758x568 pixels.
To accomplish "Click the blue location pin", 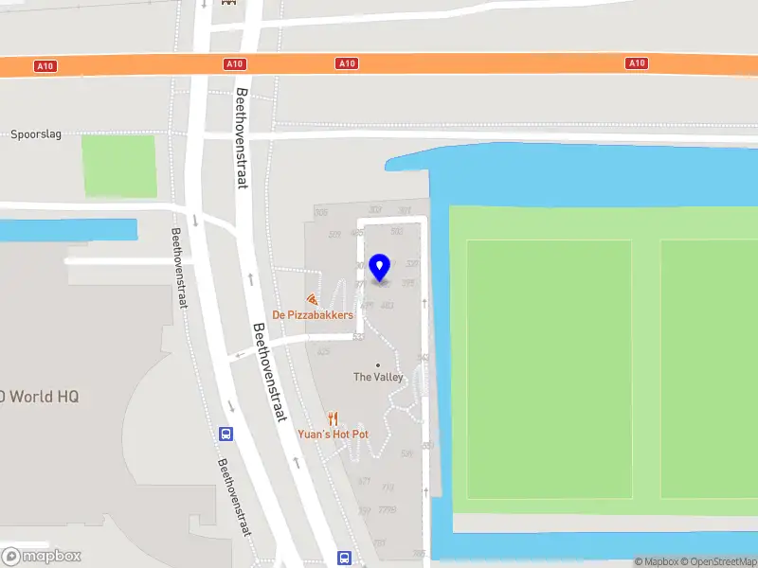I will [x=380, y=268].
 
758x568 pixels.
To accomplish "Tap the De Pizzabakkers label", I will [x=313, y=315].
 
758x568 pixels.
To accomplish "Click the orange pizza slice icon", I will [x=312, y=299].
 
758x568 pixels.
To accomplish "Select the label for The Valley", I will [x=378, y=377].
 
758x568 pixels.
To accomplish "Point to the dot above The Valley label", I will [x=378, y=364].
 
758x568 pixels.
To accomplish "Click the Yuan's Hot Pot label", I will [x=334, y=434].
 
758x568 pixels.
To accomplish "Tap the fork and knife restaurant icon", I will [x=333, y=418].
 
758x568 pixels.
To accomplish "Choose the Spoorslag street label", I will [x=36, y=134].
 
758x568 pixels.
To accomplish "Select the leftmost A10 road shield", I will [x=45, y=65].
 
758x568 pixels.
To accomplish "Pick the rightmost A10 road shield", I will [x=637, y=63].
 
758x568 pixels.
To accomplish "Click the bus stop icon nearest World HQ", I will [x=226, y=434].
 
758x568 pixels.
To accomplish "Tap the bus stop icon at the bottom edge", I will [x=345, y=559].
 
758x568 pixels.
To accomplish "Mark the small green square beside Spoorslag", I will [x=118, y=167].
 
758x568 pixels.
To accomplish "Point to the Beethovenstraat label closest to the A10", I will [x=242, y=138].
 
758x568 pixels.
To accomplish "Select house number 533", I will [x=358, y=336].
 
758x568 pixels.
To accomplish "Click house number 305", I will [x=320, y=212].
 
